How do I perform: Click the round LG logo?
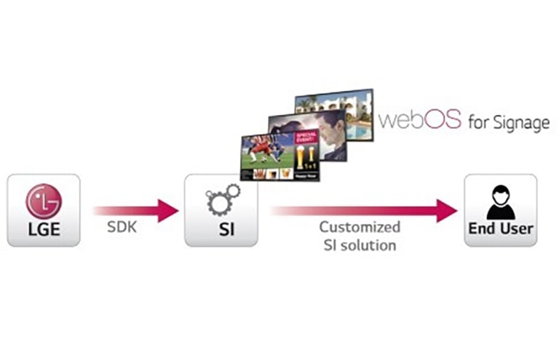44,201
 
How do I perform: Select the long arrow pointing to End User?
364,210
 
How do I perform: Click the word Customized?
359,228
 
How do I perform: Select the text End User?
501,229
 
